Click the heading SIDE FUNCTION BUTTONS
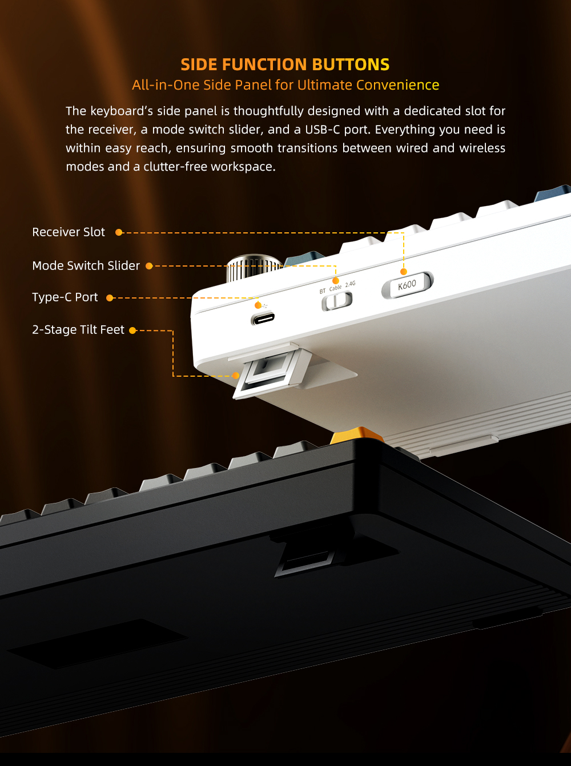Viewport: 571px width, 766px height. (x=285, y=64)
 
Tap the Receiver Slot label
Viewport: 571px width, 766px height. (x=69, y=232)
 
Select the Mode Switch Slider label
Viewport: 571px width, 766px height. (x=86, y=265)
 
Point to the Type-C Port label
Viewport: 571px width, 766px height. (x=65, y=297)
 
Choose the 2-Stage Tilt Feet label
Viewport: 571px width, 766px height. (x=78, y=330)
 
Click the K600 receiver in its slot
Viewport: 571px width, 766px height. (x=408, y=285)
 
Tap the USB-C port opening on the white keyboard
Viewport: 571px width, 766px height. (x=263, y=319)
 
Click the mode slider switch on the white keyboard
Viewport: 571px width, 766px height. (x=337, y=301)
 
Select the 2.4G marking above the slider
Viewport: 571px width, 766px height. (x=350, y=284)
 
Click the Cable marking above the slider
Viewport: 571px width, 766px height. (x=335, y=288)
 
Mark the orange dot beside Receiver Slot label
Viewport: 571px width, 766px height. (x=119, y=232)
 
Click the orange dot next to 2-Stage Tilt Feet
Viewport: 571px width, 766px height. (x=132, y=330)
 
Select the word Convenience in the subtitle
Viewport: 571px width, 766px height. (x=398, y=85)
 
